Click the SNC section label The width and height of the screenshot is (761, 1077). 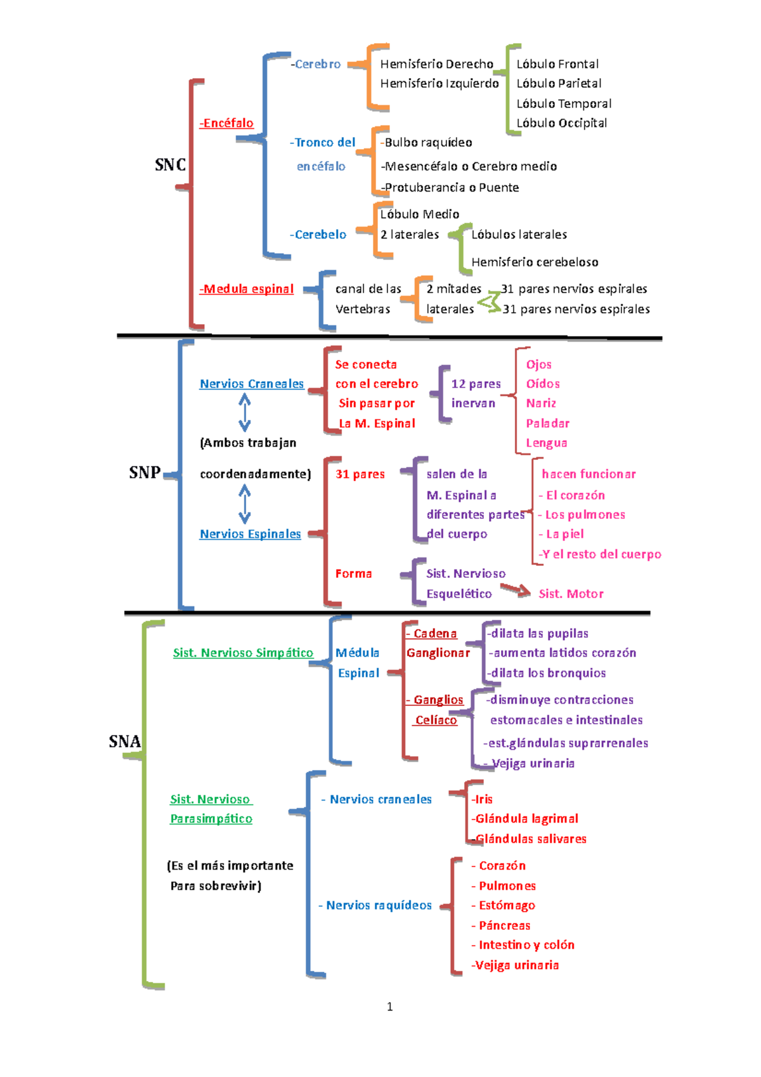[170, 165]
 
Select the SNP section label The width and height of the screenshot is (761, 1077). [144, 473]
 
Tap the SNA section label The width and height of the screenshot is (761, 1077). [124, 741]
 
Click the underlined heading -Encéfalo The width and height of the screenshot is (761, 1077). [226, 123]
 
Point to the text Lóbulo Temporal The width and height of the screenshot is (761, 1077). [564, 103]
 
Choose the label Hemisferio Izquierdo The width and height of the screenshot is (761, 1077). [439, 83]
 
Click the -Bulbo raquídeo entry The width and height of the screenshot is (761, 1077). [426, 143]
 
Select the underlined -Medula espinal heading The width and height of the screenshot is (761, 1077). [247, 289]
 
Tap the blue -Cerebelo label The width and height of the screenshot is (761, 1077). [318, 235]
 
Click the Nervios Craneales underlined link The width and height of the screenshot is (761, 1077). [252, 384]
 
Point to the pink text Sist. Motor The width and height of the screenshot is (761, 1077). [571, 594]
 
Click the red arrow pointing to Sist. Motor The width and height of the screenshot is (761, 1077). [516, 591]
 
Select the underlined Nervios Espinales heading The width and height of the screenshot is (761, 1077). [250, 534]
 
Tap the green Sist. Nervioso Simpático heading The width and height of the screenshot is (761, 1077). [243, 653]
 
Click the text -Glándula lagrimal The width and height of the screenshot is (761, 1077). [524, 819]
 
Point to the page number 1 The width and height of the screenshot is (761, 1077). [389, 1007]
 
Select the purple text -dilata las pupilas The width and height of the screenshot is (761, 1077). [538, 634]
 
